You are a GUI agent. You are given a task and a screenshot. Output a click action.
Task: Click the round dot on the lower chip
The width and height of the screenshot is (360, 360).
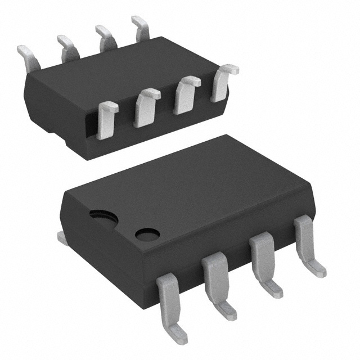point(147,234)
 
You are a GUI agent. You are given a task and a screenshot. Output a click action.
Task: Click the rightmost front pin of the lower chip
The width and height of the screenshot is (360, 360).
point(305,239)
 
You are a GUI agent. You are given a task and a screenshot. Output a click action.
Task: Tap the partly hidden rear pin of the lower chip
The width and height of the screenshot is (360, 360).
point(62,238)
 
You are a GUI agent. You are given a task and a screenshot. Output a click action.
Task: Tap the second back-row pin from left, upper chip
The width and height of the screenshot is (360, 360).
point(67,46)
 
